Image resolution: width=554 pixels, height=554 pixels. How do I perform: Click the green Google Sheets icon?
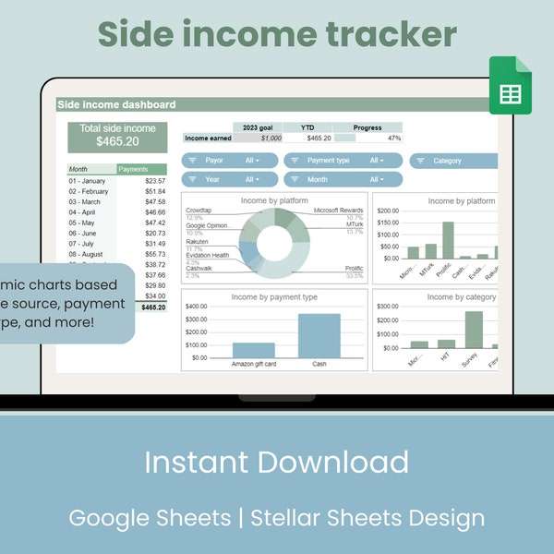point(510,86)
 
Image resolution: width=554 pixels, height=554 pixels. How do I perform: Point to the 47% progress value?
point(393,138)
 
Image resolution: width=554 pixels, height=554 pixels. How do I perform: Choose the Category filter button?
point(452,161)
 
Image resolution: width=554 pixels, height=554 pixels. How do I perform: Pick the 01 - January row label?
point(87,181)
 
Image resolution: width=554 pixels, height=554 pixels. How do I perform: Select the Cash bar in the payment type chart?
point(319,335)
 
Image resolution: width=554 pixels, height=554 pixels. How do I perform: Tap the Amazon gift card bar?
point(254,350)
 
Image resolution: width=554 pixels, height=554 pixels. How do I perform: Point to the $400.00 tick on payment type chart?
point(196,307)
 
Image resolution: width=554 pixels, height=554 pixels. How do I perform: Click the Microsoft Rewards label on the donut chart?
point(338,211)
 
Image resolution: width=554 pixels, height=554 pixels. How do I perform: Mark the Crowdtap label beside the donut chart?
point(199,211)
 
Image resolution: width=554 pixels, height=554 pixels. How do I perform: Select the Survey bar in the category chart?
point(474,329)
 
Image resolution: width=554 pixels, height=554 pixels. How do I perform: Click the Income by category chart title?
point(461,297)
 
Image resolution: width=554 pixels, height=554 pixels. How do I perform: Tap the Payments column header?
point(134,169)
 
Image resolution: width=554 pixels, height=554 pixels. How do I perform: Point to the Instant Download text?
point(277,462)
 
